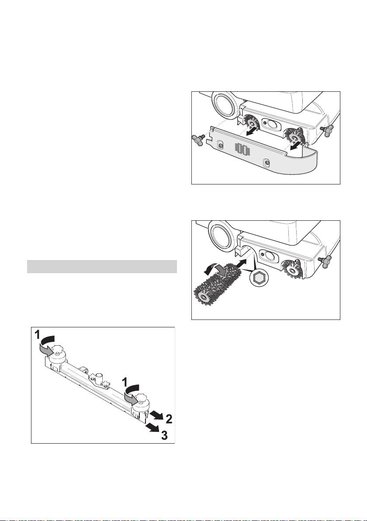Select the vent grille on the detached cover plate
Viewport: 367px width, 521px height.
tap(243, 149)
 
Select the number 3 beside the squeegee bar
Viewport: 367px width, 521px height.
tap(164, 435)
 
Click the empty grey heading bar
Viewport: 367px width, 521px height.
tap(102, 267)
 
